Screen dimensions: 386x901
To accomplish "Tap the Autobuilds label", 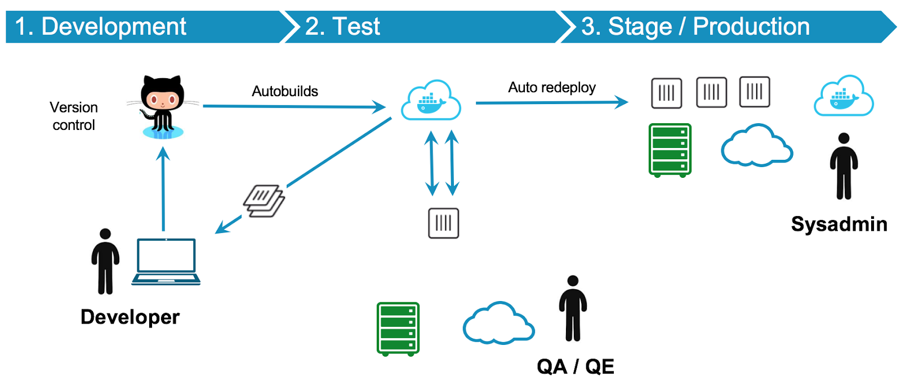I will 285,91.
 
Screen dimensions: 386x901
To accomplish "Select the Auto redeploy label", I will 552,87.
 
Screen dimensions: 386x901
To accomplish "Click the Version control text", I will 74,116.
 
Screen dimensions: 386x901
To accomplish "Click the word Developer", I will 130,317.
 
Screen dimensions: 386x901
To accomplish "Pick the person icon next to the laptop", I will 105,262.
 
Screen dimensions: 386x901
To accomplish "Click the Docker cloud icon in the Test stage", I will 431,101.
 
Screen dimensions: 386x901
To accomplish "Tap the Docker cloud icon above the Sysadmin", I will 844,96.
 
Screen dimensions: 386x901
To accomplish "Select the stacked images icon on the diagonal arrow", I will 264,201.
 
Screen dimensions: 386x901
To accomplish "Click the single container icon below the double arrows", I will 444,223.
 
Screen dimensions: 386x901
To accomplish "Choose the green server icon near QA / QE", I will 398,329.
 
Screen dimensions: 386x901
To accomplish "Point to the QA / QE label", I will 576,366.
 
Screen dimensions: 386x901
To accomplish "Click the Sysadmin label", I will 839,224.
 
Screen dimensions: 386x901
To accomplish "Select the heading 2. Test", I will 342,26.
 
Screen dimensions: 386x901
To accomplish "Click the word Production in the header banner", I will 751,26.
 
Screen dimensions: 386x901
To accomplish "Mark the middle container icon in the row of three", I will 711,92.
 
